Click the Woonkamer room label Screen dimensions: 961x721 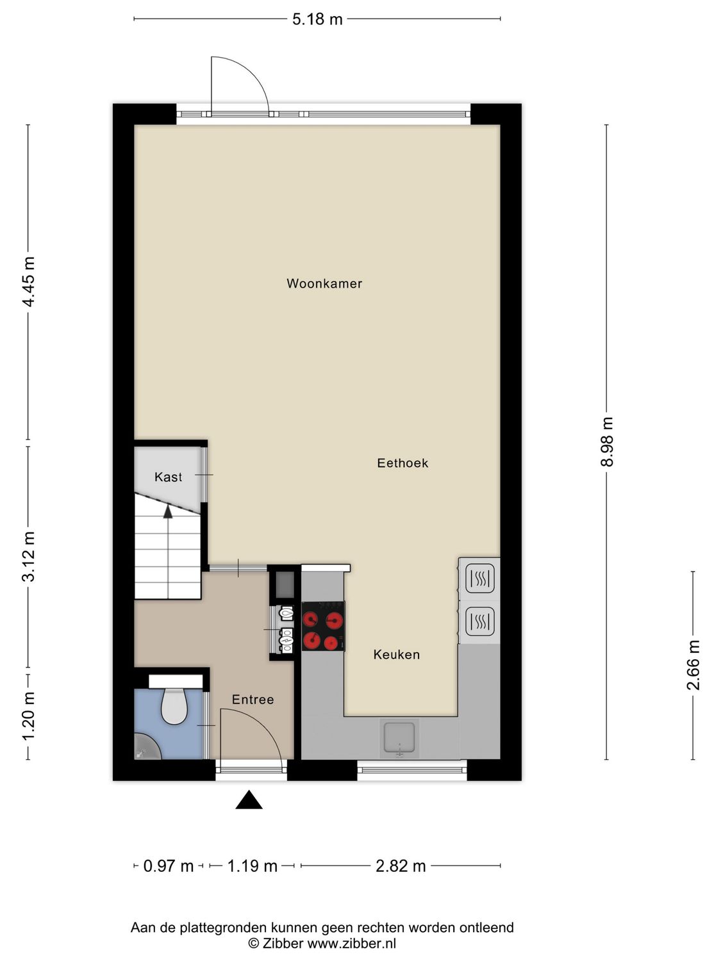[324, 283]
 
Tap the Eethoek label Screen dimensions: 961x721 [402, 463]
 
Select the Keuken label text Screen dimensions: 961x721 [397, 654]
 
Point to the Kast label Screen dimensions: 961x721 [168, 477]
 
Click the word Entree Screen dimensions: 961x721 [253, 700]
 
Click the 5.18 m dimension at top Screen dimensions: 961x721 [317, 19]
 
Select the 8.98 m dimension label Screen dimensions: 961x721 [607, 441]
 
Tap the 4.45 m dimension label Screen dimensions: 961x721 [28, 281]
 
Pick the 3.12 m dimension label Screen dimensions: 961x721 [28, 556]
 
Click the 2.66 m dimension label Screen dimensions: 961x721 [693, 665]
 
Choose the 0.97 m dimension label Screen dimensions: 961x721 [168, 866]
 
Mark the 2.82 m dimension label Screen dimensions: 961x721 [401, 866]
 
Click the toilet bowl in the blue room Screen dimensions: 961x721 [174, 705]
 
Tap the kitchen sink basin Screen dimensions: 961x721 [400, 737]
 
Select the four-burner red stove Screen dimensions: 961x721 [322, 626]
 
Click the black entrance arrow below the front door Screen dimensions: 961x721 [249, 800]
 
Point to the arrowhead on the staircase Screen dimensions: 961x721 [168, 511]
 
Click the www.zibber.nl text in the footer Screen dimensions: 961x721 [351, 943]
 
